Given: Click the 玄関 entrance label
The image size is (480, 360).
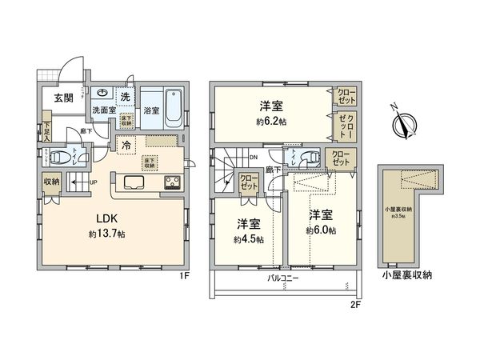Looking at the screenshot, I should tap(65, 98).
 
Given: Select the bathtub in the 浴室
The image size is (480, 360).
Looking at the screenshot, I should tap(176, 109).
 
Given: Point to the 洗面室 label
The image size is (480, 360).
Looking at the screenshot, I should tap(103, 110).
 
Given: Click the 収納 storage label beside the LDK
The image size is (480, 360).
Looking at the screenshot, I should tap(50, 181).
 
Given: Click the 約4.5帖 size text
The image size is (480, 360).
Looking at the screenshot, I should tap(247, 239).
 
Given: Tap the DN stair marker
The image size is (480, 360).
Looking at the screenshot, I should tap(253, 158).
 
